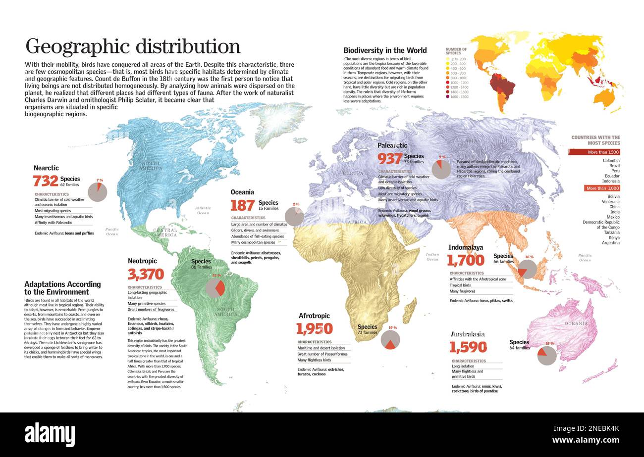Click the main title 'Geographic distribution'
point(133,46)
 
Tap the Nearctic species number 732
point(46,181)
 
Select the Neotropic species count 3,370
point(146,274)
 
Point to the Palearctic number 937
point(390,159)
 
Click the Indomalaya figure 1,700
point(465,260)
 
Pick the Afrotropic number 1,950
point(314,328)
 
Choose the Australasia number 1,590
point(468,347)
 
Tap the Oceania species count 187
point(243,205)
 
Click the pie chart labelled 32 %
point(215,288)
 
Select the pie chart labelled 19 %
point(390,340)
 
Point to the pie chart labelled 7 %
point(98,192)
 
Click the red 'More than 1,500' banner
point(594,152)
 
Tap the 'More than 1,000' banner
point(602,188)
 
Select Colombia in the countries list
point(611,161)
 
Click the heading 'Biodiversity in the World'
point(385,50)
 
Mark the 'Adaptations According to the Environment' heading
point(62,288)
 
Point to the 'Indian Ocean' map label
point(432,257)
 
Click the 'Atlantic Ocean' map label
point(203,210)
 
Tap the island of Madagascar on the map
point(410,311)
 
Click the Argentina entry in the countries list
point(610,243)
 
